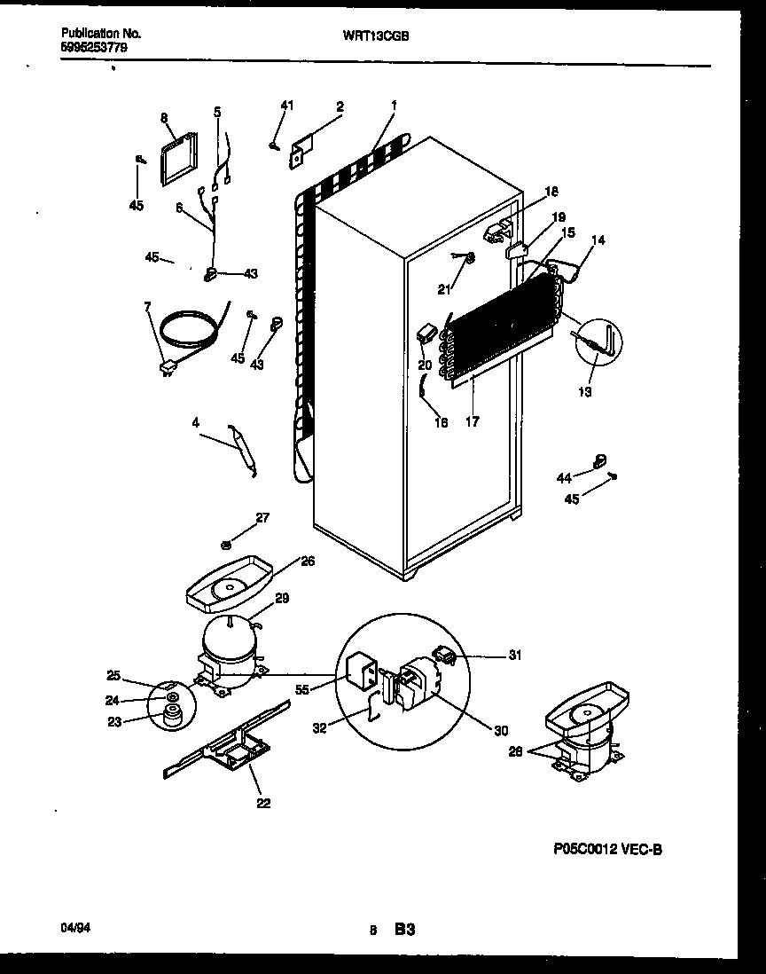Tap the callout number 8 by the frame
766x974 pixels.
point(164,117)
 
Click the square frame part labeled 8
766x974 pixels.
point(178,159)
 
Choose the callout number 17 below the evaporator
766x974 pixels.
point(472,422)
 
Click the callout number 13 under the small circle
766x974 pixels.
point(585,391)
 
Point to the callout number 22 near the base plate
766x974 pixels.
point(263,804)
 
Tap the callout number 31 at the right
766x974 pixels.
point(515,656)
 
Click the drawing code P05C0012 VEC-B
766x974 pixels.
point(607,850)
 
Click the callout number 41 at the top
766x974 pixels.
point(286,106)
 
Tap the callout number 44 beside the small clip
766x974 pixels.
point(562,478)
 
